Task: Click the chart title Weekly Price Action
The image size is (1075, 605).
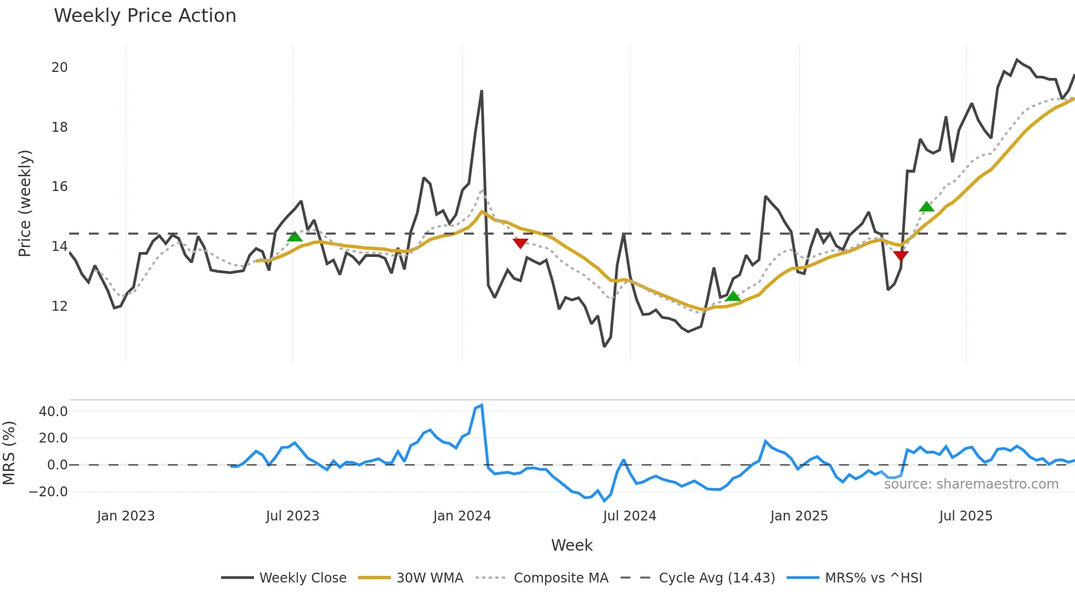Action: (x=145, y=16)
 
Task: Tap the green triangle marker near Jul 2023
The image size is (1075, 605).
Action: (x=295, y=237)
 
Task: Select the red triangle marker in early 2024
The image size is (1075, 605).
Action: (x=520, y=243)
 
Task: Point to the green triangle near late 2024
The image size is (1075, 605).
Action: (x=733, y=297)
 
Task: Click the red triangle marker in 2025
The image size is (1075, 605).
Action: (x=901, y=255)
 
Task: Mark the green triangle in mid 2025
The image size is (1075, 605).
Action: (x=926, y=207)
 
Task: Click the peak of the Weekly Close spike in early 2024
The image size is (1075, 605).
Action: (x=482, y=91)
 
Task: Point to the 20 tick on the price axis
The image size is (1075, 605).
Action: (x=59, y=68)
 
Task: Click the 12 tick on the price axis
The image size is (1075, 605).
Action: (x=59, y=306)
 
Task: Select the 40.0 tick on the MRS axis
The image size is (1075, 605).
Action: (x=53, y=412)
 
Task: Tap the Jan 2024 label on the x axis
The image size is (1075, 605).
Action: (x=462, y=516)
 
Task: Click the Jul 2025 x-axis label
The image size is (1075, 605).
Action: (x=965, y=516)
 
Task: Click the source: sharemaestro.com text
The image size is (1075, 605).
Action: (x=971, y=484)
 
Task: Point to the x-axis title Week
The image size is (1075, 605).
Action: (x=572, y=545)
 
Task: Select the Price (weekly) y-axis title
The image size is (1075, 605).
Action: (x=25, y=203)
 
